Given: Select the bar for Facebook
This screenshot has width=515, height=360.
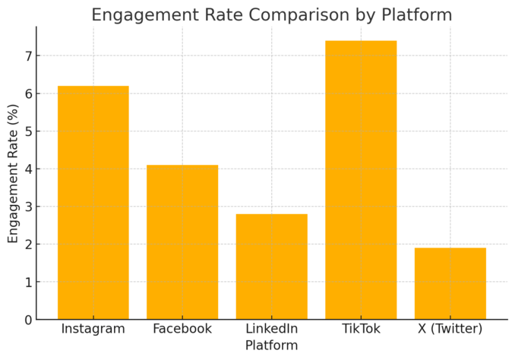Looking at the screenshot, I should click(182, 242).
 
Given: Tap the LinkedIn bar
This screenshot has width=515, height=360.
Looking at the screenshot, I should click(271, 267).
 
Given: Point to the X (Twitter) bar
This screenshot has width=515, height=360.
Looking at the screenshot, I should click(450, 283).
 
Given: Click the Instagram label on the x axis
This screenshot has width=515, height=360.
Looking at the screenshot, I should click(93, 330).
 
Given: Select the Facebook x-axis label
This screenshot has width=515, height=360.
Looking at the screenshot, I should click(182, 330).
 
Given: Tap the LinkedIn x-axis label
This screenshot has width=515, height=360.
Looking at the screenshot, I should click(271, 330).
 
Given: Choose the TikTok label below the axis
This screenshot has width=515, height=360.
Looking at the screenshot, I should click(361, 330).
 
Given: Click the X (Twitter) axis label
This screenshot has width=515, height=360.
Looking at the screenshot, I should click(450, 330).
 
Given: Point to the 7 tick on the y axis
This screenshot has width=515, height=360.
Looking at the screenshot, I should click(27, 56).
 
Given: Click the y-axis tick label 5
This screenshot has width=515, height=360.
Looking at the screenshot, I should click(27, 131).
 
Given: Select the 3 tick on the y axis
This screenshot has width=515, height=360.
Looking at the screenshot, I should click(27, 207).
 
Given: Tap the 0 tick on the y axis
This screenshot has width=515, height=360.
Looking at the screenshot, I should click(27, 320).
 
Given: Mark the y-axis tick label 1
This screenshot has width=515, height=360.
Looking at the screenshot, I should click(27, 282).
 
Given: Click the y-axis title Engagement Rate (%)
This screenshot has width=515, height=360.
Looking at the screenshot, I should click(13, 173).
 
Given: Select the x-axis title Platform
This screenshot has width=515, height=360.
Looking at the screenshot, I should click(271, 346).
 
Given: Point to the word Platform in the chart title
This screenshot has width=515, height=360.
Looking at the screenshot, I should click(415, 15).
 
